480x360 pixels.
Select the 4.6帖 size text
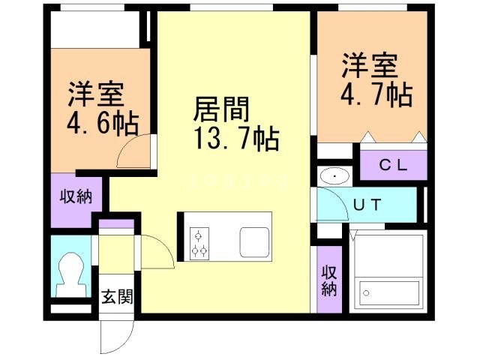tap(100, 123)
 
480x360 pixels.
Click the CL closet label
tap(391, 166)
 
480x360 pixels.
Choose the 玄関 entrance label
tap(117, 297)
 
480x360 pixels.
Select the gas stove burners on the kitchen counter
tap(199, 242)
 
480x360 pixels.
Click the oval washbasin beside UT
tap(333, 176)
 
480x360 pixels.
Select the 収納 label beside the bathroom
tap(328, 279)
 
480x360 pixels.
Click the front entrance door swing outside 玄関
tap(114, 337)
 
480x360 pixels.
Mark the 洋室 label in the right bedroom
tap(370, 66)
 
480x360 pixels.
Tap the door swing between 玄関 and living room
tap(157, 251)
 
